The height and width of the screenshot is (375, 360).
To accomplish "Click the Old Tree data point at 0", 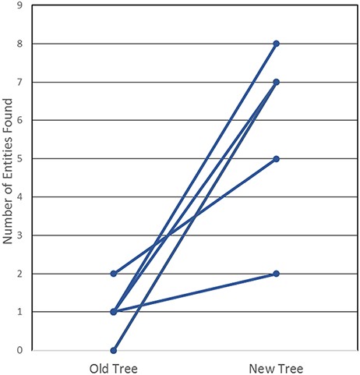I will [114, 350].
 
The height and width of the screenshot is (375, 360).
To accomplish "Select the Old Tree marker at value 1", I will [114, 312].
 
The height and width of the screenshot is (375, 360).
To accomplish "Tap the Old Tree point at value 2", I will [114, 274].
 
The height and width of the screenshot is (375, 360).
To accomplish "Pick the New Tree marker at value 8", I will [276, 44].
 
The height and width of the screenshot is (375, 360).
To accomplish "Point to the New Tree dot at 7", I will [276, 82].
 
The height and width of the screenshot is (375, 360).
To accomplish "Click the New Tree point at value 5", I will [276, 158].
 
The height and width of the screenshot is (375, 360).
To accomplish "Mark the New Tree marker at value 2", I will [276, 274].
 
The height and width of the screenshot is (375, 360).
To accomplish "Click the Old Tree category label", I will [114, 366].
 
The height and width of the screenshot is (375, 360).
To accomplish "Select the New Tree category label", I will [276, 366].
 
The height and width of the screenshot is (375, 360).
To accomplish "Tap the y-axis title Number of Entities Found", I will [9, 178].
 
